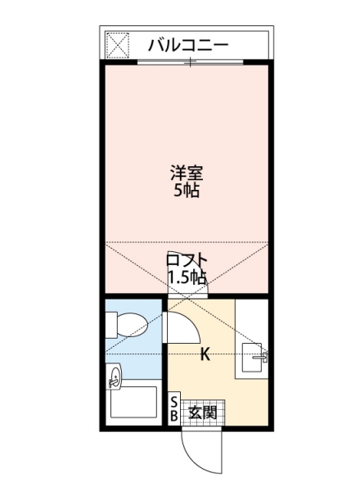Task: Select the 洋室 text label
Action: (x=186, y=173)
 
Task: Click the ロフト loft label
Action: (x=186, y=261)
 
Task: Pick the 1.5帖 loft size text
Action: (x=186, y=277)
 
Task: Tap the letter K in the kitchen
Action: (x=205, y=354)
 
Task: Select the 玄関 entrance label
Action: (x=202, y=412)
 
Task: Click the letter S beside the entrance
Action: (x=173, y=403)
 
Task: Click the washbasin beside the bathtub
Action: (x=115, y=377)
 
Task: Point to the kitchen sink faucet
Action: (x=263, y=356)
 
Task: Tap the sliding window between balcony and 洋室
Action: (x=189, y=63)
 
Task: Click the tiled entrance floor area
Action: (x=202, y=412)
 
